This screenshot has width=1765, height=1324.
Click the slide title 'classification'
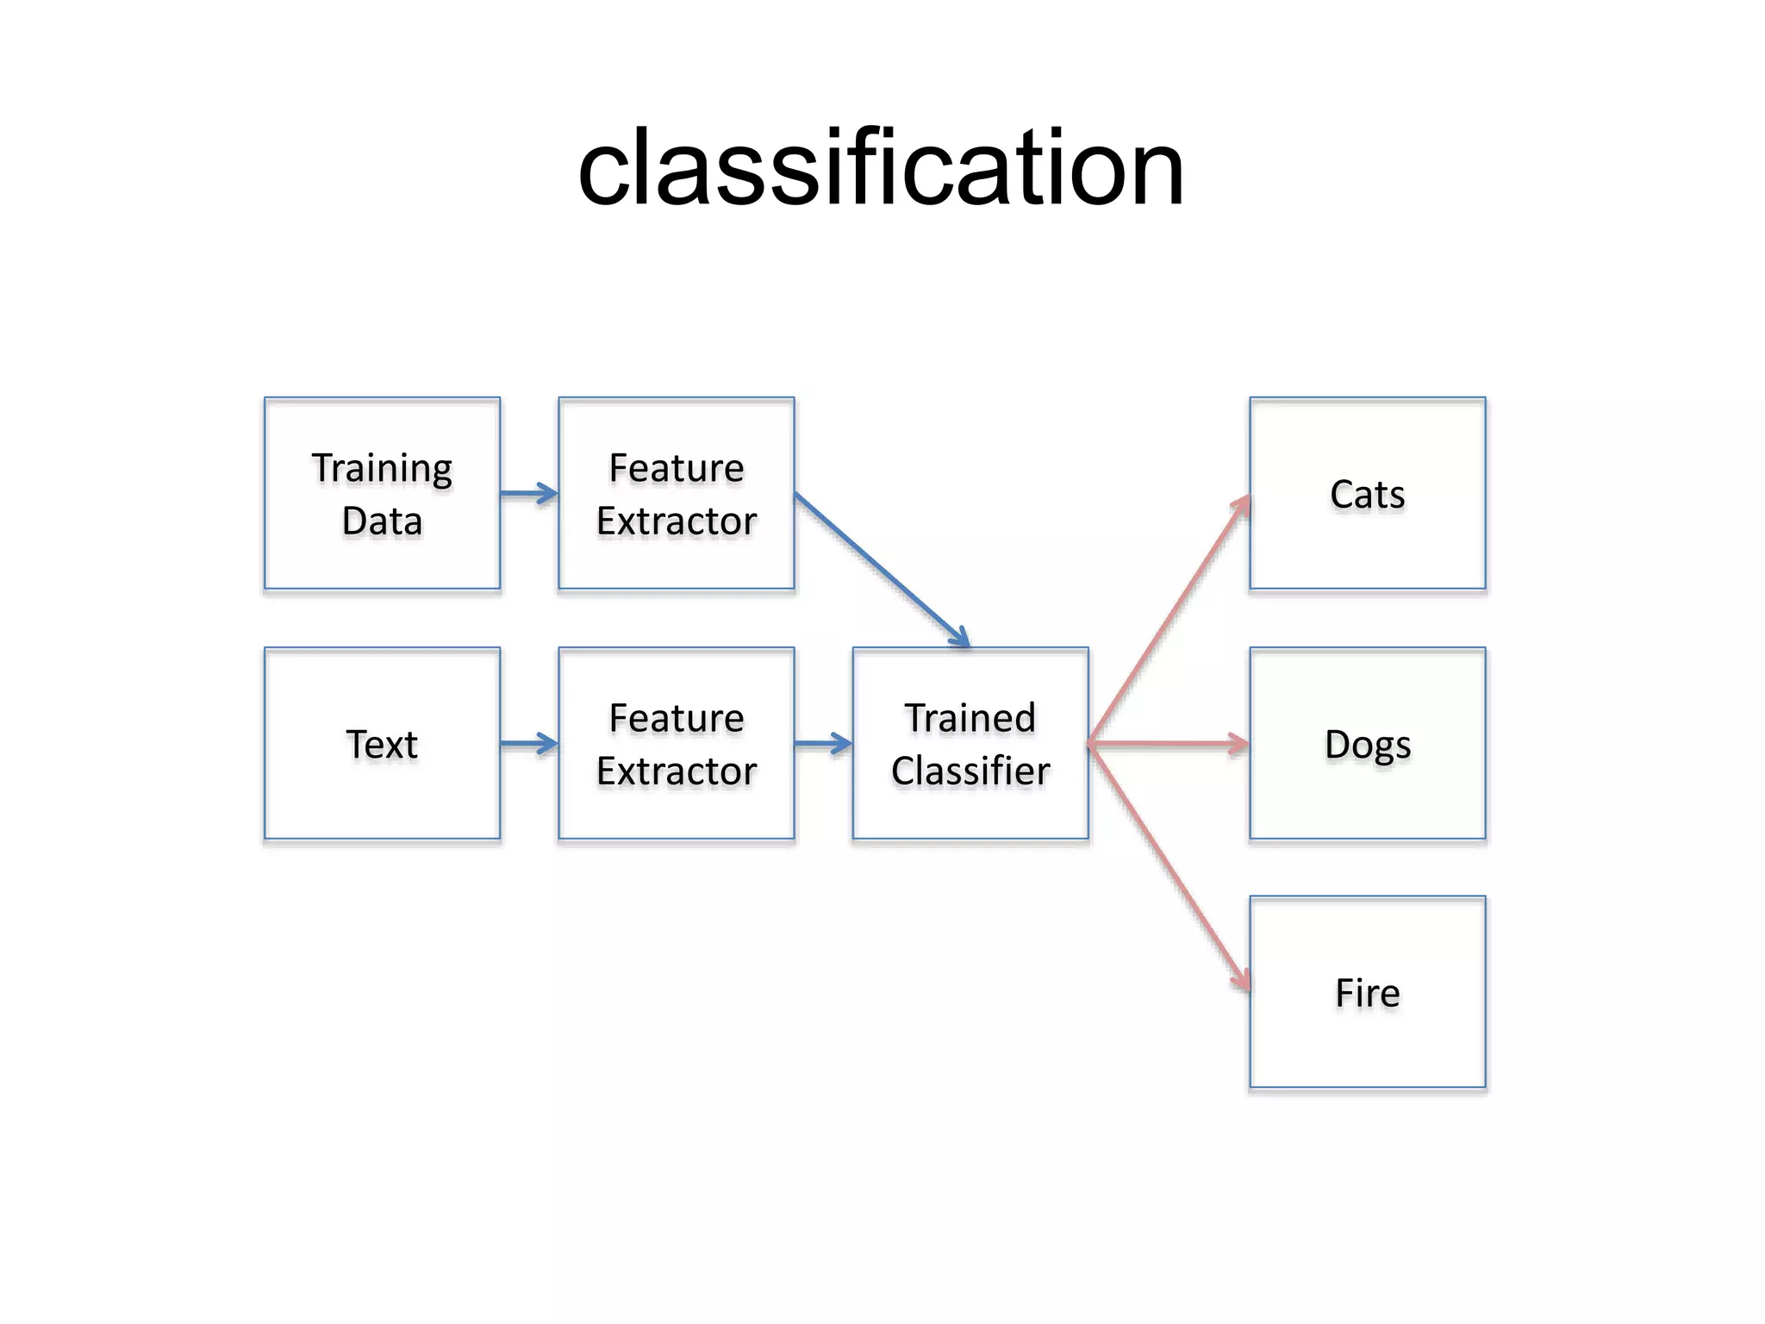click(x=881, y=168)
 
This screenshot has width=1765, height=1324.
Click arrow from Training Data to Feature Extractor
click(x=528, y=494)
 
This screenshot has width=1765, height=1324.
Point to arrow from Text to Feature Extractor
click(x=528, y=744)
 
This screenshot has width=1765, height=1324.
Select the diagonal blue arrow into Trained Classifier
click(x=881, y=569)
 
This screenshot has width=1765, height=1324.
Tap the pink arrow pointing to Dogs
click(x=1168, y=744)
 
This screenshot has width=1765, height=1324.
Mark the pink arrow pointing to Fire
click(x=1168, y=866)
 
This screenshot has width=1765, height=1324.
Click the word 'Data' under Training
click(x=382, y=521)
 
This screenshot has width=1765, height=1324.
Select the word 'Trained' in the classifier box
click(x=970, y=718)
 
